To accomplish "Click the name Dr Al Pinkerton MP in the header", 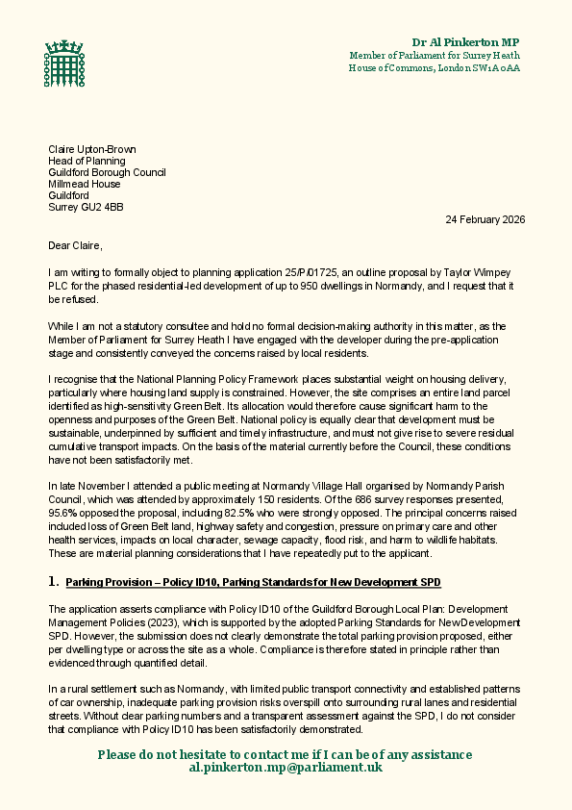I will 465,42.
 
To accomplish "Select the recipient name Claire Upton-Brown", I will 92,149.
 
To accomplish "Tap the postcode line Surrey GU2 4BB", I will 86,207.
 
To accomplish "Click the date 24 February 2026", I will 485,219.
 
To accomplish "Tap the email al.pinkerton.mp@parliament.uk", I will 286,767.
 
